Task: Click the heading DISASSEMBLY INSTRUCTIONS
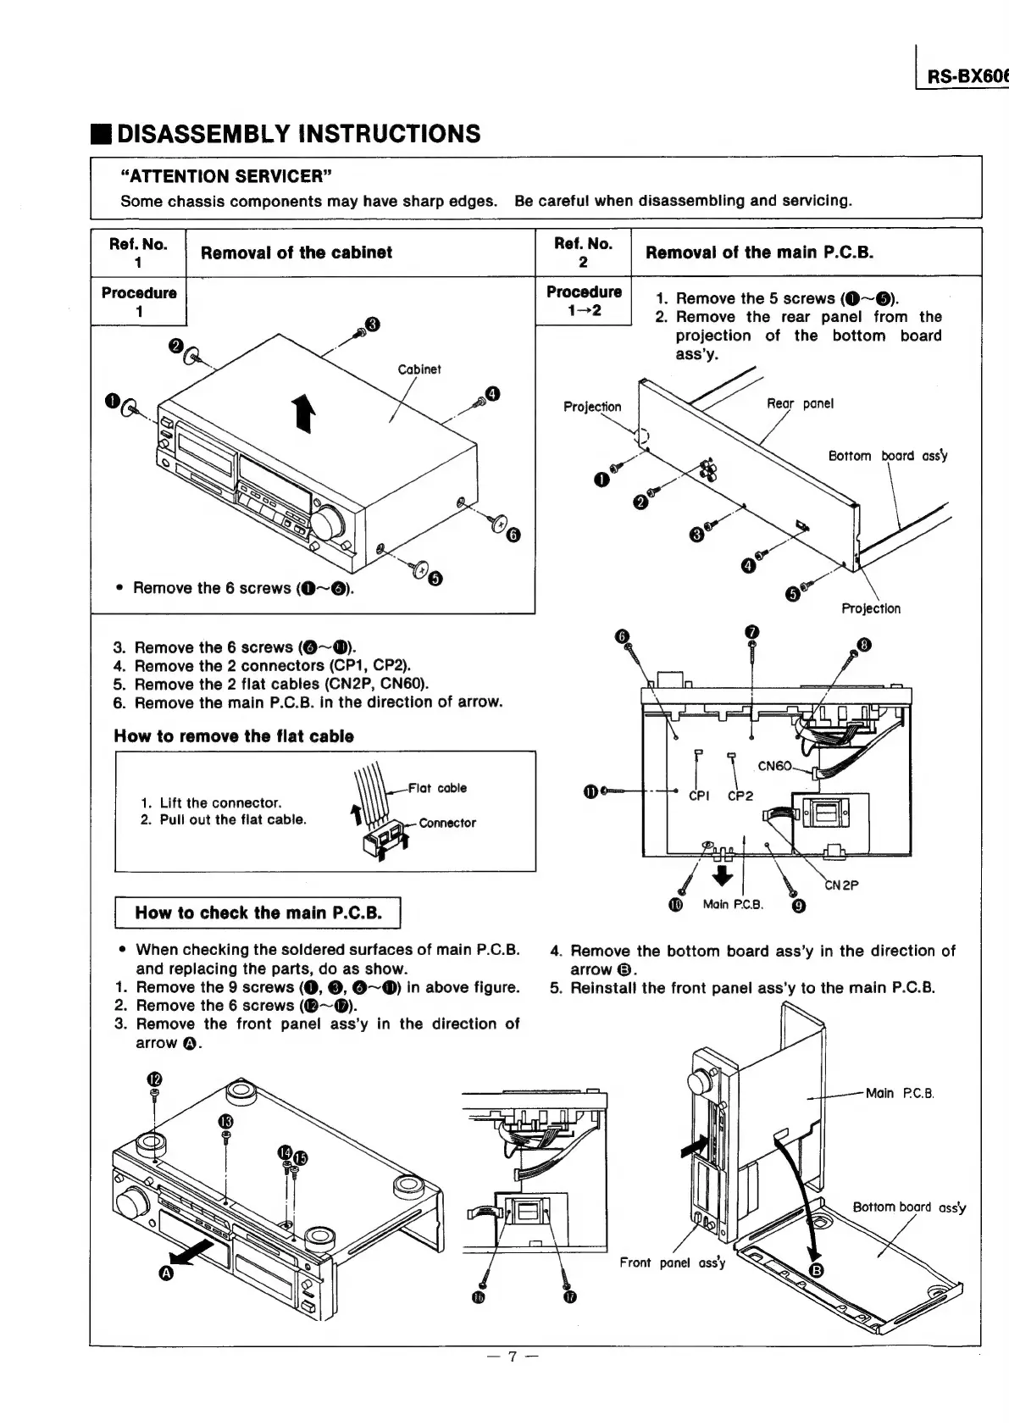[298, 134]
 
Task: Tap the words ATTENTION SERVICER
[225, 176]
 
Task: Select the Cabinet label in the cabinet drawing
[419, 369]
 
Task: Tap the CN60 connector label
[774, 766]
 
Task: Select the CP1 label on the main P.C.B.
[699, 796]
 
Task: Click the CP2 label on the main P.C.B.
[740, 796]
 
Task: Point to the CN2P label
[841, 885]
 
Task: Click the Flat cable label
[437, 788]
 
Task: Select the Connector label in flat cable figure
[447, 823]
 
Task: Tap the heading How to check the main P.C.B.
[258, 913]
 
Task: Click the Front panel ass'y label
[672, 1262]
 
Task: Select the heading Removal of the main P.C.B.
[759, 252]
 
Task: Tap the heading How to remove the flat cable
[234, 735]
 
